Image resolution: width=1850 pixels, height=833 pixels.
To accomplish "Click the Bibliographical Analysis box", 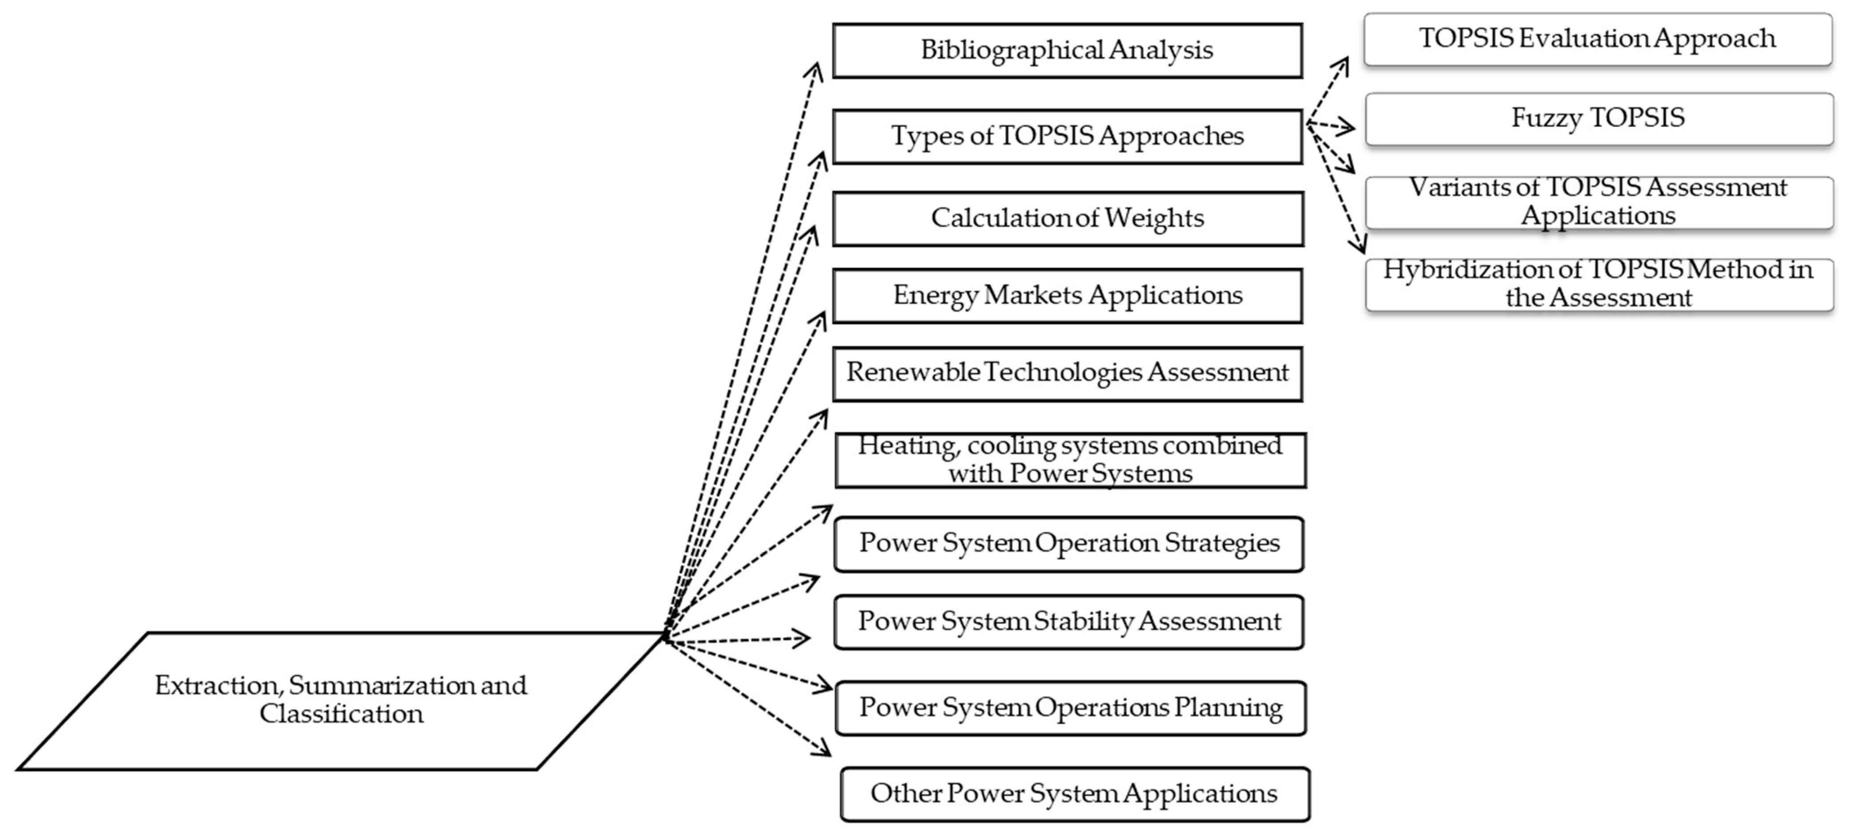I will (1067, 50).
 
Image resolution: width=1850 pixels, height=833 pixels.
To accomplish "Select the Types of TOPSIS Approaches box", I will (1067, 136).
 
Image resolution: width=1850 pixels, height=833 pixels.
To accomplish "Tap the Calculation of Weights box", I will (1067, 218).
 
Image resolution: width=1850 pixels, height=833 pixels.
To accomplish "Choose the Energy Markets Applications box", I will (1067, 295).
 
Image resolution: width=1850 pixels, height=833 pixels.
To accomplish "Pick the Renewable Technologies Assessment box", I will (1067, 373).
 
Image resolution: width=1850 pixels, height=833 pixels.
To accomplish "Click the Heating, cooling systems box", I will (1070, 460).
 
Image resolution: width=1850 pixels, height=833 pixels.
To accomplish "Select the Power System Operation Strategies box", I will (1069, 544).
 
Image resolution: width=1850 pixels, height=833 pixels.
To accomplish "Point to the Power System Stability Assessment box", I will (1069, 622).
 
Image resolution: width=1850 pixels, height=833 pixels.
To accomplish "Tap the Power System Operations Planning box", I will (1070, 708).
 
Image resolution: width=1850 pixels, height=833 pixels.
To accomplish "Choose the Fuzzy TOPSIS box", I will (1599, 118).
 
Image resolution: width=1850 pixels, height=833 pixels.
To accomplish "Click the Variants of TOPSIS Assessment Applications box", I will (1599, 202).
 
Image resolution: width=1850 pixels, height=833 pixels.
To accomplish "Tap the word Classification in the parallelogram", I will (341, 715).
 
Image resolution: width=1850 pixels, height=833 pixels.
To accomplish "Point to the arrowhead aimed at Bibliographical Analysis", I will (816, 68).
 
